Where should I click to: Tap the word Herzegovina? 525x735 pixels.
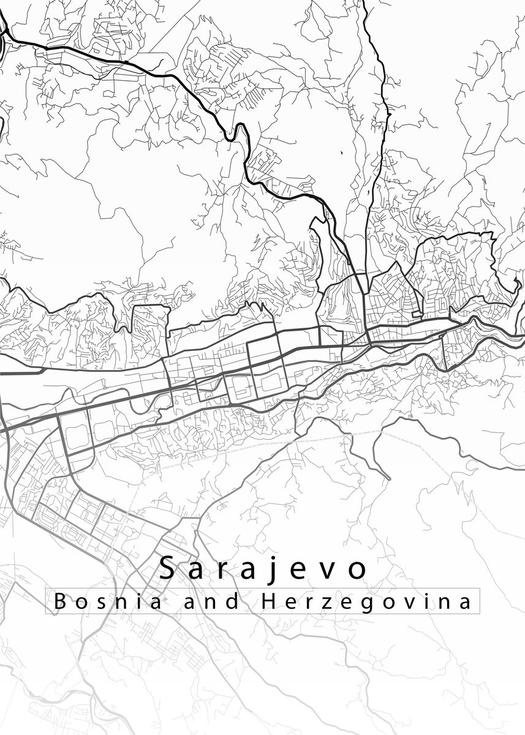[366, 602]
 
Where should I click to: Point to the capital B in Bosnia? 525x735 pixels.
[60, 601]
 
